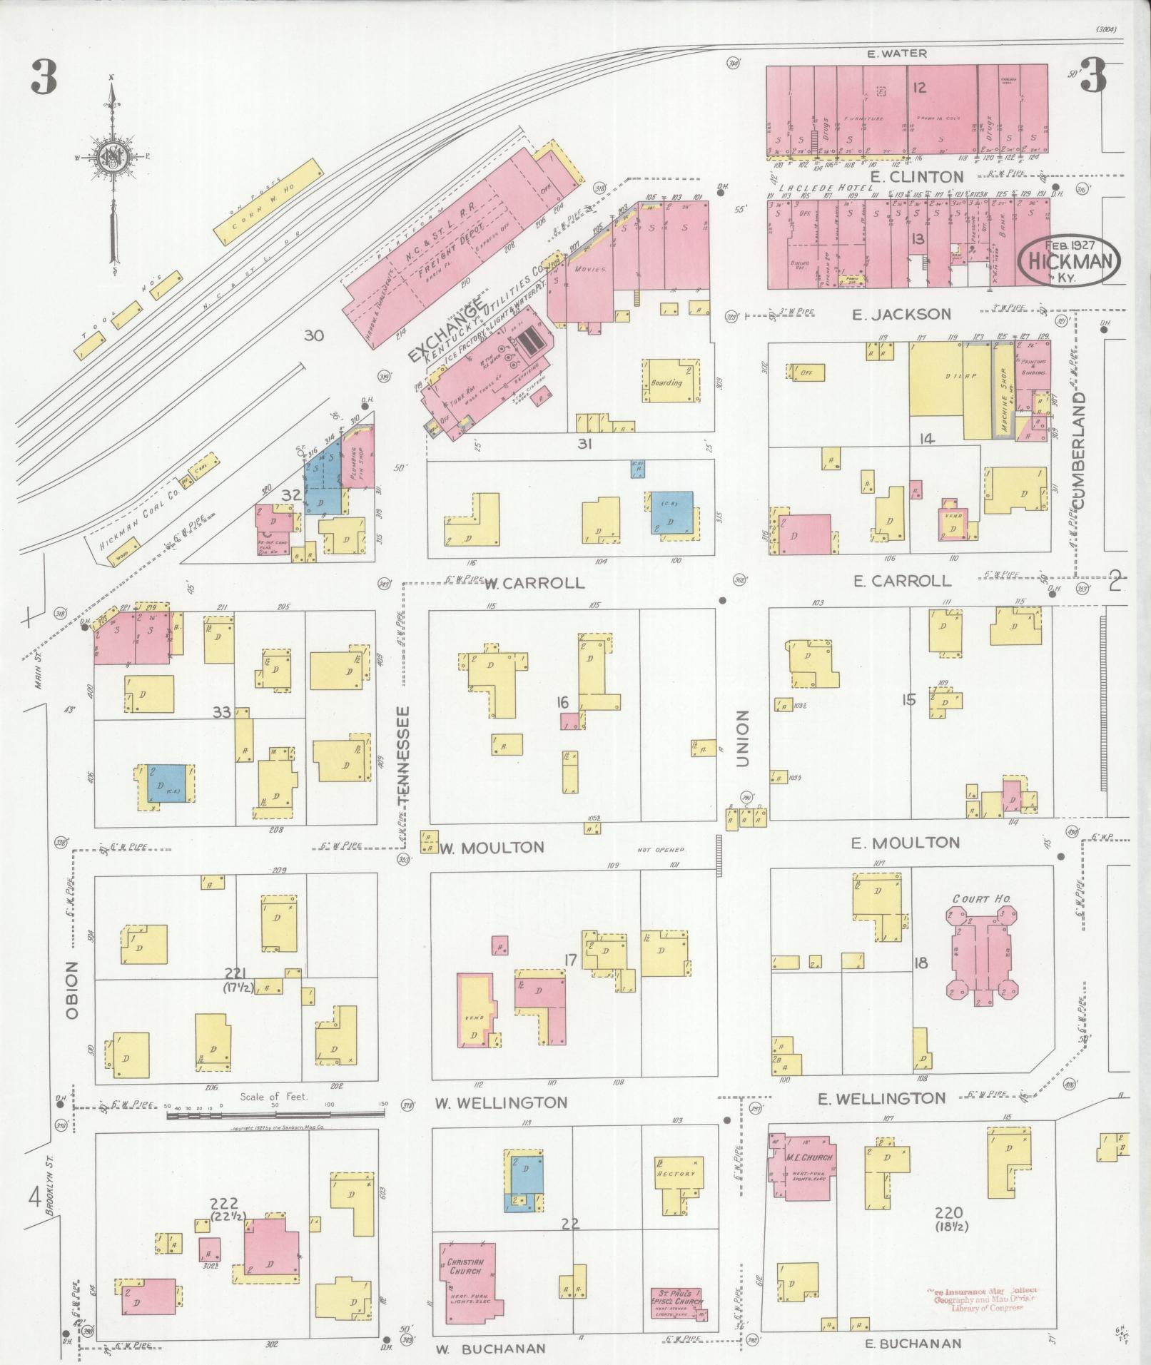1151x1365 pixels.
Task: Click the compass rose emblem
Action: [x=112, y=158]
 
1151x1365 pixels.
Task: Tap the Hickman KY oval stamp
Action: [x=1068, y=262]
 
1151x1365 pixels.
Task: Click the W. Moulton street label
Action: [x=492, y=848]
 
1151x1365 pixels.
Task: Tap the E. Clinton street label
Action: [x=916, y=176]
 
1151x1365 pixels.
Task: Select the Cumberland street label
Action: [x=1078, y=450]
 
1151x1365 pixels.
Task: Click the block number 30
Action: [x=315, y=335]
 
